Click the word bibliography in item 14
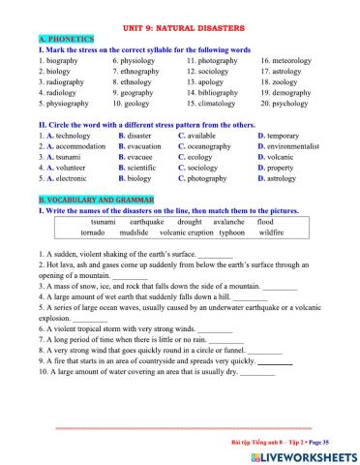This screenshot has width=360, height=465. click(223, 91)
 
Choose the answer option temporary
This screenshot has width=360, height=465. click(292, 136)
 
